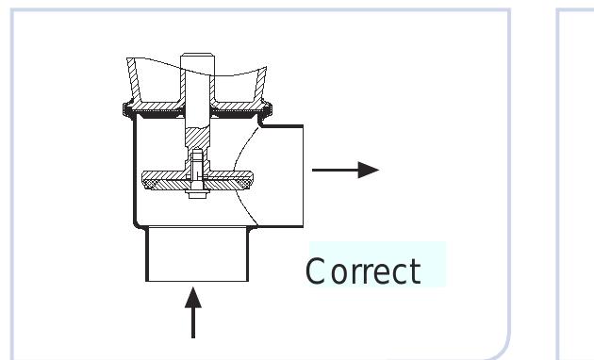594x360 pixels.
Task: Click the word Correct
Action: coord(364,271)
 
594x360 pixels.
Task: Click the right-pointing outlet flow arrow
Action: coord(344,170)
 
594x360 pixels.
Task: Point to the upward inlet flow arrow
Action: coord(193,316)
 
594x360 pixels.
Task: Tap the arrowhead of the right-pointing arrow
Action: coord(370,170)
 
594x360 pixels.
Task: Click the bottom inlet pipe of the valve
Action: coord(196,254)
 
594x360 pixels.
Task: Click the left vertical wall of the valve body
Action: coord(134,170)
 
